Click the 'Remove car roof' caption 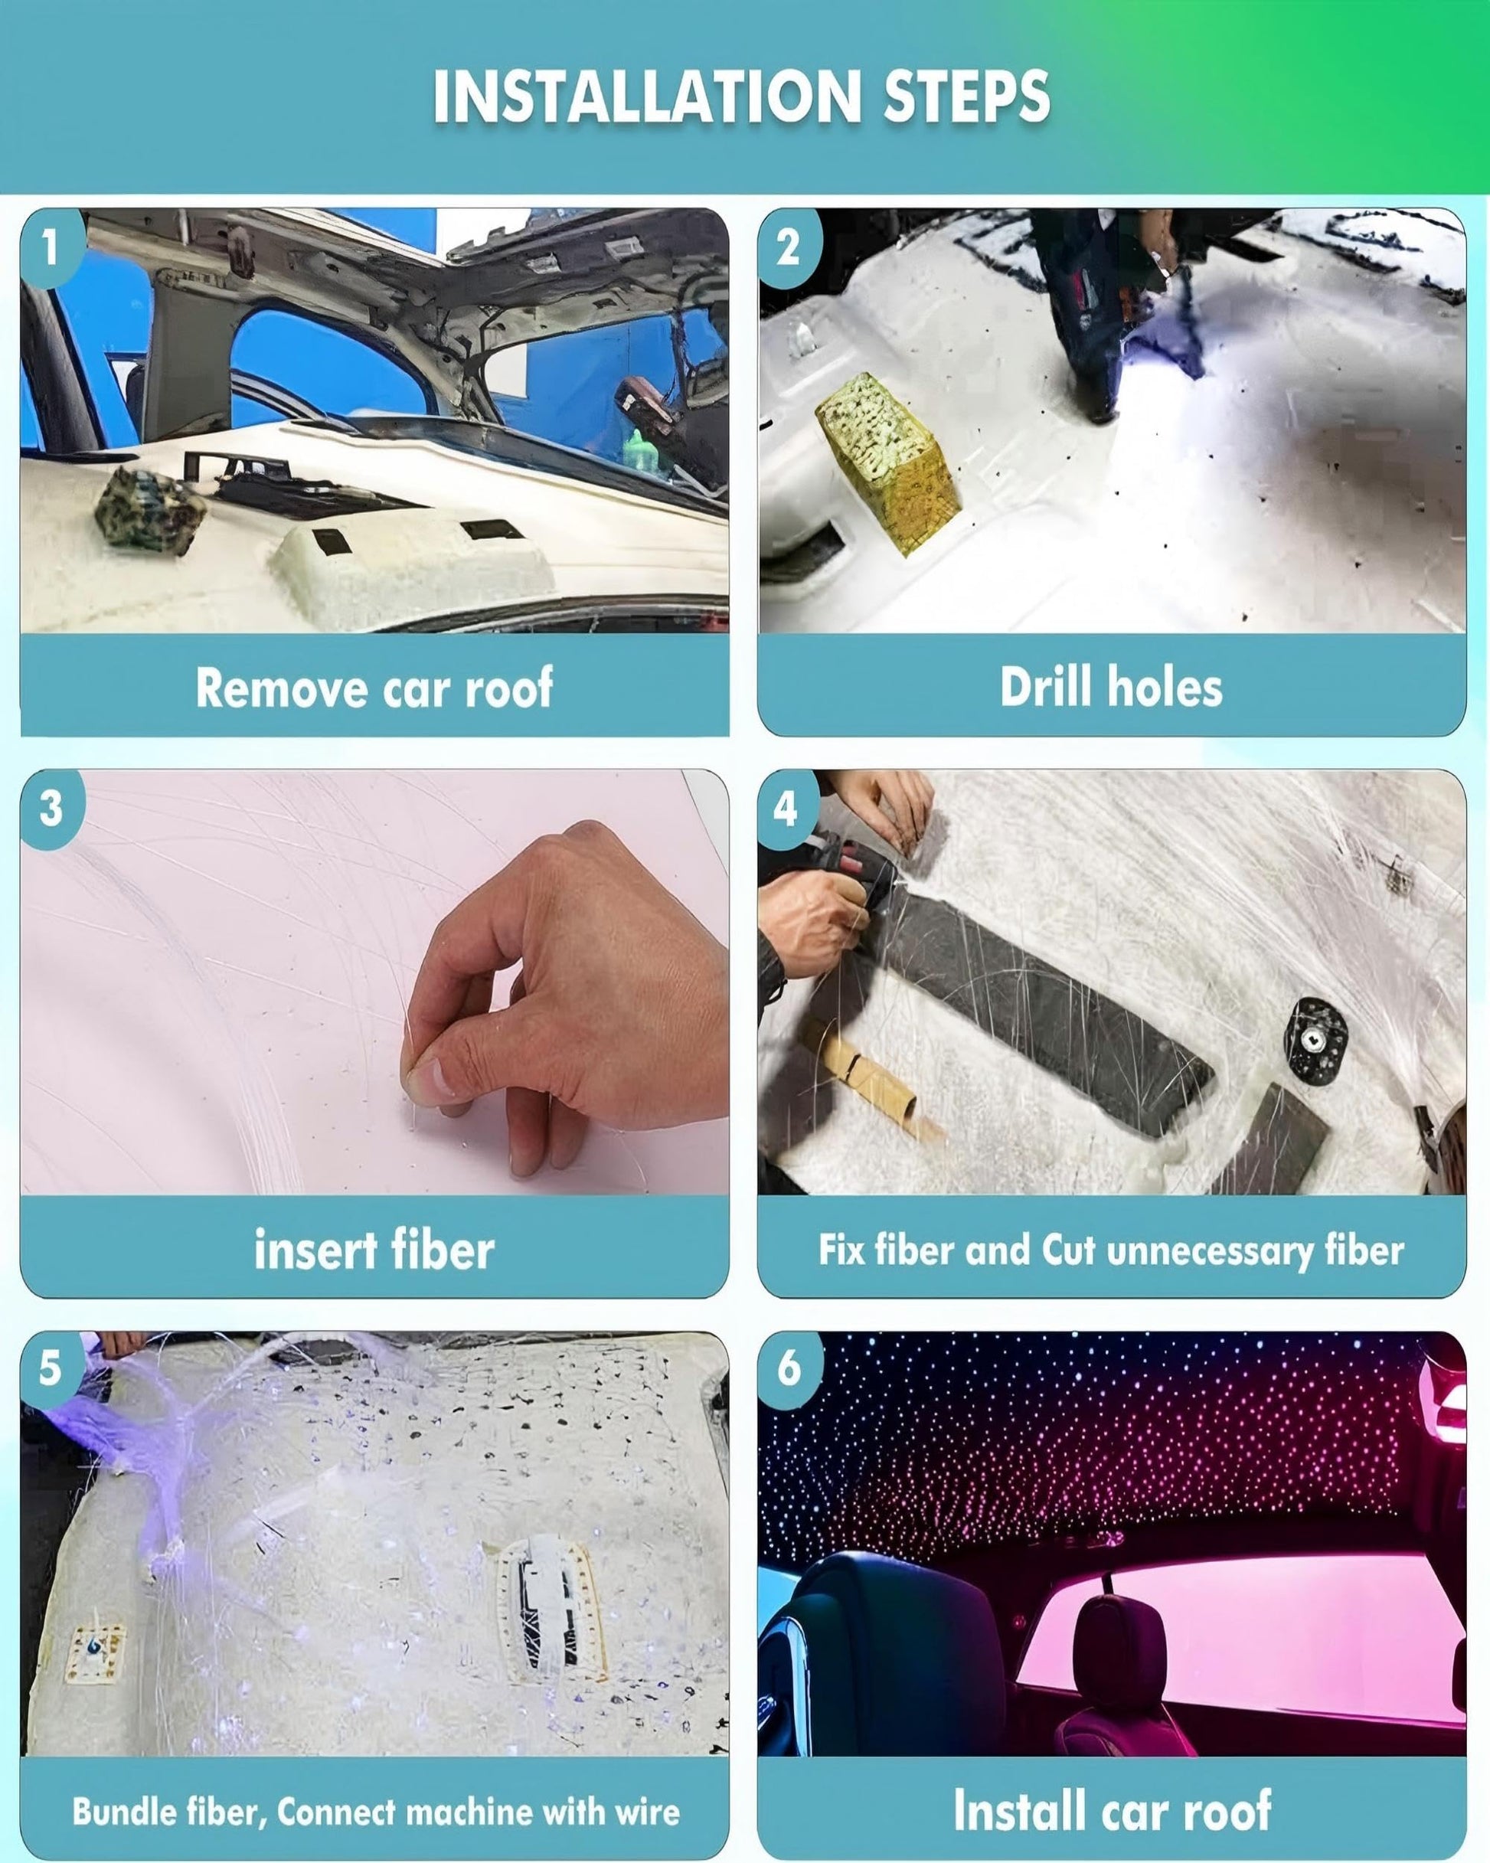click(x=374, y=688)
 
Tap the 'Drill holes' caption click(x=1112, y=688)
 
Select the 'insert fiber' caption click(x=374, y=1250)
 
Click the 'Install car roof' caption click(x=1113, y=1810)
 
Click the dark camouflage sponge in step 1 click(x=149, y=507)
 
